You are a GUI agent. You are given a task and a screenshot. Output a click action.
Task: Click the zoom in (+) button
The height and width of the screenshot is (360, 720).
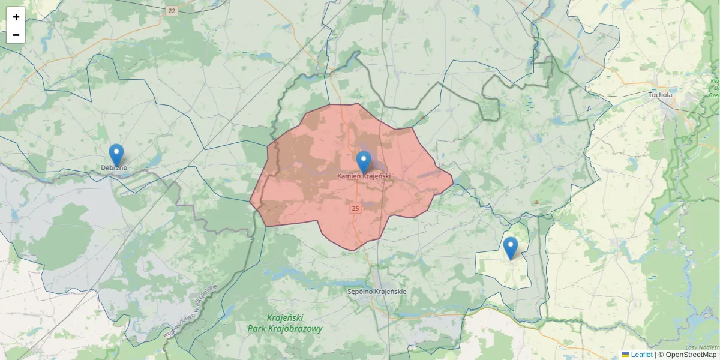point(16,17)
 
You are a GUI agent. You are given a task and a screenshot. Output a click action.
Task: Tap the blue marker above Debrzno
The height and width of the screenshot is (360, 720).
point(116,154)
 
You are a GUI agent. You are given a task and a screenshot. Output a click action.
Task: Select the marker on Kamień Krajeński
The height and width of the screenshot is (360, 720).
point(364,161)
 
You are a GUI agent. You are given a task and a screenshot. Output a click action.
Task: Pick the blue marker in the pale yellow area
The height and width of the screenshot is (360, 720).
point(510,247)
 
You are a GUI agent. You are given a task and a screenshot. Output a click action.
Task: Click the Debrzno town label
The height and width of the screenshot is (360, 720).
point(114,167)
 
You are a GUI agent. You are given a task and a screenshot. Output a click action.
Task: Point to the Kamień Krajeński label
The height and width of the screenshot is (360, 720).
point(364,176)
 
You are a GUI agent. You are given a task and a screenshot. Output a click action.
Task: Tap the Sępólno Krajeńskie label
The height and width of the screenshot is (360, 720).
point(377,292)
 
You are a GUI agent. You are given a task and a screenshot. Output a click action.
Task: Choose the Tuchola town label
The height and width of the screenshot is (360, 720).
point(661,95)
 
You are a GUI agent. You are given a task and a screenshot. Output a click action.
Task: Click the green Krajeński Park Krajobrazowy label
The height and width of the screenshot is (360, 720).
point(285,323)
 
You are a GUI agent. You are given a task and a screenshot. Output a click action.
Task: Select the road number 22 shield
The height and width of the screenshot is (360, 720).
point(172,11)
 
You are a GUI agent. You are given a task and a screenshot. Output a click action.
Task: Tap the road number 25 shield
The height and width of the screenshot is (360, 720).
point(355,209)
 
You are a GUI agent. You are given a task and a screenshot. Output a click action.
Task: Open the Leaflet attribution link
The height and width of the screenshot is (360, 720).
point(641,355)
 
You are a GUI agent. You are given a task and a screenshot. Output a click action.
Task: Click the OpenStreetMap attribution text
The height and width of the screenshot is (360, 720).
point(691,355)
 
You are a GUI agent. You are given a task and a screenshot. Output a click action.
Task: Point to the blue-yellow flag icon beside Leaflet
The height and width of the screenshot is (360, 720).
point(625,355)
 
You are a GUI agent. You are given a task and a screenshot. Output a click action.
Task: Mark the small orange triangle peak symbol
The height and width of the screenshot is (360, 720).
point(536,202)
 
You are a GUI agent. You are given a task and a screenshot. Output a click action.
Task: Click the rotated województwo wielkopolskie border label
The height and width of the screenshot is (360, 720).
point(190,311)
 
